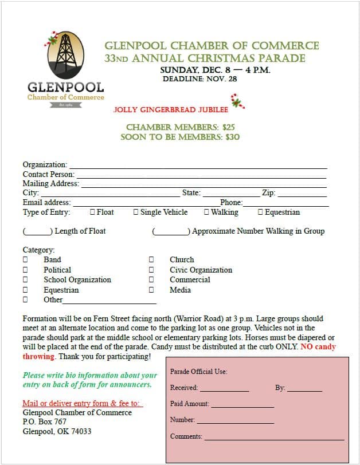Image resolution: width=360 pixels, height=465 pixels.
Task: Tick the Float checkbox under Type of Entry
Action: point(92,212)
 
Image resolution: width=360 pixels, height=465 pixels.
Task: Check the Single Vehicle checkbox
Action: point(136,212)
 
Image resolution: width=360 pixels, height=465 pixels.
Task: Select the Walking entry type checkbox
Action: point(206,212)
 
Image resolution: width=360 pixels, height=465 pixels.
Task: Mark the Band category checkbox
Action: point(25,260)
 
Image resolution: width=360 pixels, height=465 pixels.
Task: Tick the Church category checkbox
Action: point(151,260)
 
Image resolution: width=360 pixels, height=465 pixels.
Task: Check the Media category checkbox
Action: point(151,290)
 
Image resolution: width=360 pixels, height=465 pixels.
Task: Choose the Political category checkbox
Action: point(25,270)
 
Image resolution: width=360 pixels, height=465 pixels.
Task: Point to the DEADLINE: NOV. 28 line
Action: point(200,79)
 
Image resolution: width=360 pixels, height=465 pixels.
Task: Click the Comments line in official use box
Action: point(274,438)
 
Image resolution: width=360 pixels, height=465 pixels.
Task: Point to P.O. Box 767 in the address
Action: point(45,422)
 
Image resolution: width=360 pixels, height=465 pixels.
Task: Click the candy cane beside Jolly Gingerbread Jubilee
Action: point(237,102)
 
